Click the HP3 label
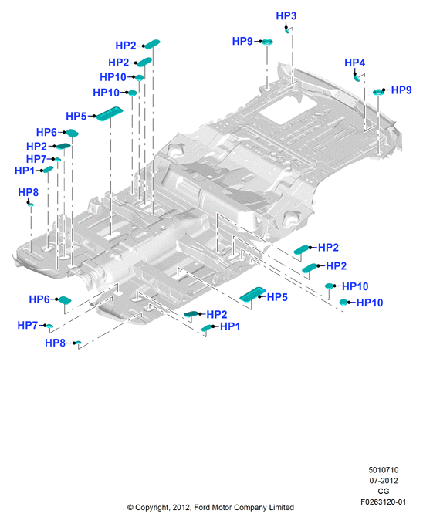(286, 15)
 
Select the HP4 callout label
(354, 63)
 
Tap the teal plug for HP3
(287, 30)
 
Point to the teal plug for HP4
(357, 78)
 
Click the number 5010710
(383, 470)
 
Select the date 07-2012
(383, 481)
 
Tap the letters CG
(383, 491)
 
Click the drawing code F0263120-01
(383, 502)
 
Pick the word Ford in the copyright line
(202, 507)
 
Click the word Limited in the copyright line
(282, 507)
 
